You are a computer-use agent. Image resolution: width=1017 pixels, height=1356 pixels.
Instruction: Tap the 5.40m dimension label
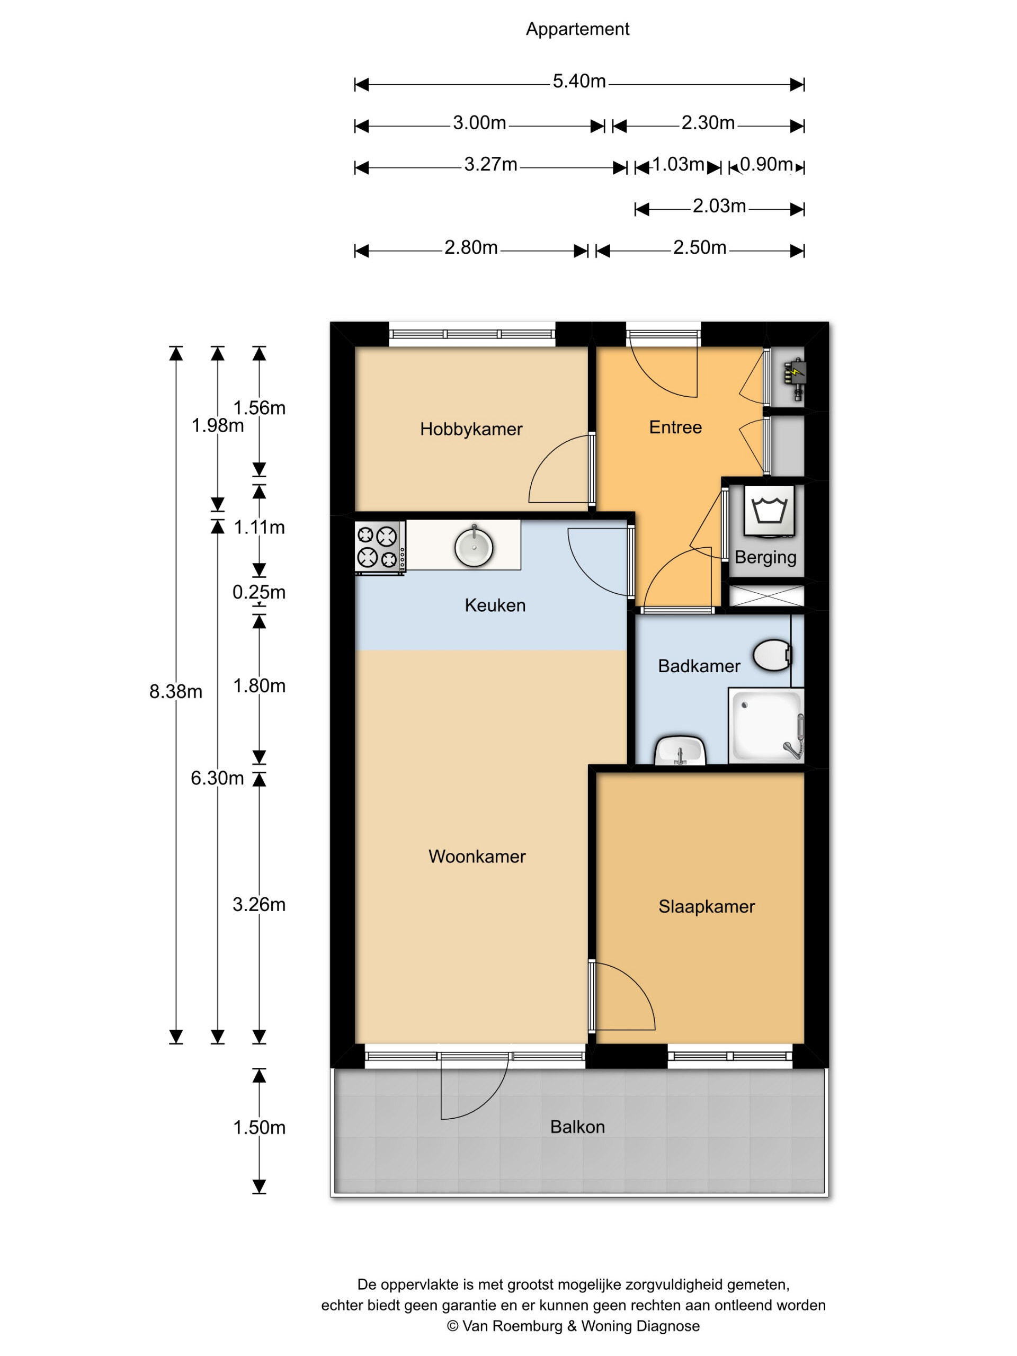579,81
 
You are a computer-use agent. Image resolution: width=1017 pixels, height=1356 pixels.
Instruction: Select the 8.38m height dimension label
176,691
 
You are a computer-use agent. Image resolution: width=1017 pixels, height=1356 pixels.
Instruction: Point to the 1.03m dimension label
678,164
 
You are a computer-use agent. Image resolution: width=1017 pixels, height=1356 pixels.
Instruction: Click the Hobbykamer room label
471,429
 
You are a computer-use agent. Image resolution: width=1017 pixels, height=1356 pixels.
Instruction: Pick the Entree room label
675,427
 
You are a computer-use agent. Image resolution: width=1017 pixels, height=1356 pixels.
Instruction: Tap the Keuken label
495,605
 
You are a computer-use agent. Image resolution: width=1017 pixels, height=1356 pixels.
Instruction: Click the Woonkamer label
477,857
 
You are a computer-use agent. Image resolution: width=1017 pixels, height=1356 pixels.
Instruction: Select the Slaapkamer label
707,907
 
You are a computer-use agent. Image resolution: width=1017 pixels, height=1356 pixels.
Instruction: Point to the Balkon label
577,1127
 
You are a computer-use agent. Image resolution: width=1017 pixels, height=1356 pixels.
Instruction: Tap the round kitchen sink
474,547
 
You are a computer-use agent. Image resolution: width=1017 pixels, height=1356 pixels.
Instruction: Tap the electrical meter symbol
795,378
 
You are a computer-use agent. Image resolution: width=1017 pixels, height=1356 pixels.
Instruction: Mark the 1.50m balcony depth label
260,1127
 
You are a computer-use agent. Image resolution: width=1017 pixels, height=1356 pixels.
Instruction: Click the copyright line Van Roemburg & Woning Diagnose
573,1326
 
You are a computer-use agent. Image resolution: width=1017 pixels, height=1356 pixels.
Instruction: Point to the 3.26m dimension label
260,904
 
